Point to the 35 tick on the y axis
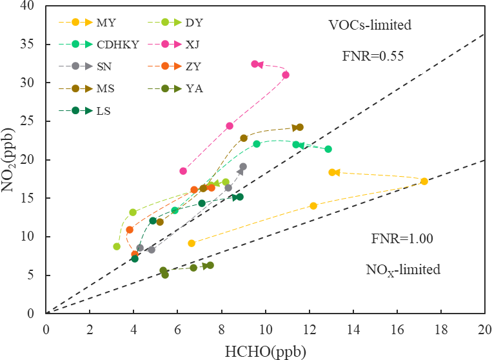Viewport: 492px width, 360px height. point(32,45)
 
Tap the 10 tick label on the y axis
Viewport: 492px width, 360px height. point(32,237)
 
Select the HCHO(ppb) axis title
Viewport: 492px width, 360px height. point(264,351)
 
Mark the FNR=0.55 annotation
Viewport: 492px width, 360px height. point(373,56)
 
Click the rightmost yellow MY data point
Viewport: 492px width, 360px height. point(424,181)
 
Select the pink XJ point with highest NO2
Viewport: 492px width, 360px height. point(255,64)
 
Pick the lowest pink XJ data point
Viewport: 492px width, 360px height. point(183,171)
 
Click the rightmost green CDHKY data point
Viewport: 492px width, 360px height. point(328,149)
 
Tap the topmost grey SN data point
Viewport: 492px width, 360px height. point(243,166)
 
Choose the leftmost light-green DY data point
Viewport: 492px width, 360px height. point(117,246)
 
